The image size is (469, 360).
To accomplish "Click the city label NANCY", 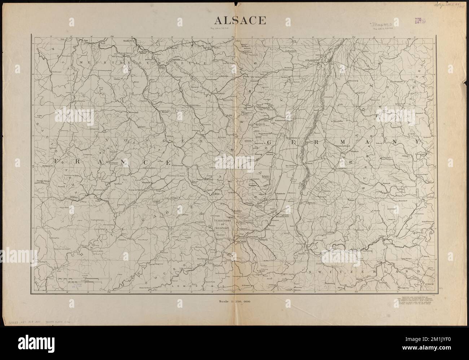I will coord(128,41).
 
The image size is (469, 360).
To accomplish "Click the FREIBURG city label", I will coord(341,168).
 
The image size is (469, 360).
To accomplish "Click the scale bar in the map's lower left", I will coord(83,280).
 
